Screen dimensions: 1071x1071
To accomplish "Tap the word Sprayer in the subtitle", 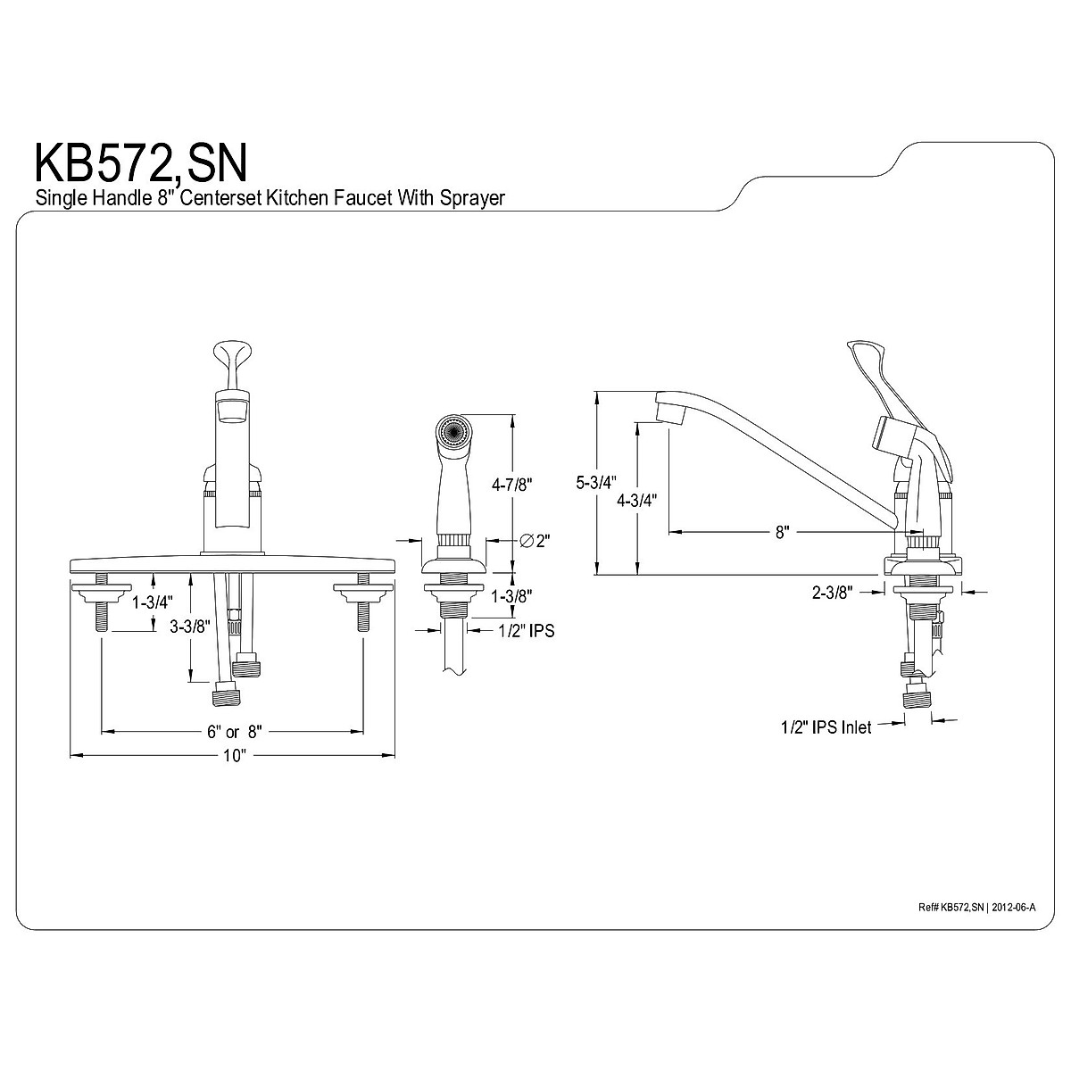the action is [472, 198].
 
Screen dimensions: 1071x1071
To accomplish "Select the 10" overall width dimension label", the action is [235, 756].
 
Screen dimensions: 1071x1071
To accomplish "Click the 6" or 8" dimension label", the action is [234, 732].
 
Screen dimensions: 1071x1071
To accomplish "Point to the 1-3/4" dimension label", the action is [153, 602].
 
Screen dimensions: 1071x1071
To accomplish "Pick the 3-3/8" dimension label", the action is [189, 627].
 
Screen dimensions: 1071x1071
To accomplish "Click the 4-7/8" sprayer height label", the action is [512, 485].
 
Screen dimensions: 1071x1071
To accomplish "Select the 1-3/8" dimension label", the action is [512, 596].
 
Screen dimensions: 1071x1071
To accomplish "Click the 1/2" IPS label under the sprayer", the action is [527, 630].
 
